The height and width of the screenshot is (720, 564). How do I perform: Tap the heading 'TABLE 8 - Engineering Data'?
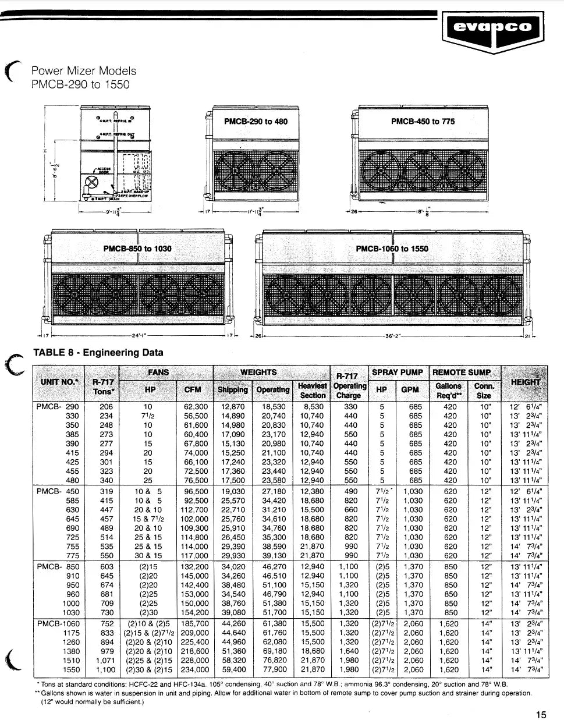coord(98,352)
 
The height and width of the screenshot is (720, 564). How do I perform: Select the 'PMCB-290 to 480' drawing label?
coord(256,122)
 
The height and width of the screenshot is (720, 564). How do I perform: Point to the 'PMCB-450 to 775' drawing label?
coord(423,122)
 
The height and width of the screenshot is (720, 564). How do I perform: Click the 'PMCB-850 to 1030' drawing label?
coord(137,249)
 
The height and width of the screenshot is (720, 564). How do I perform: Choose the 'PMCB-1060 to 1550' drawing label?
coord(392,249)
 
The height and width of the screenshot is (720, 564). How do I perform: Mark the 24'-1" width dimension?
coord(139,336)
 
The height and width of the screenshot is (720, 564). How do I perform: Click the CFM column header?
coord(193,389)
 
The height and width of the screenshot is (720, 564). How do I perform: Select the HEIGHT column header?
coord(526,382)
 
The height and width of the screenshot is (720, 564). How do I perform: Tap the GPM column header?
coord(411,389)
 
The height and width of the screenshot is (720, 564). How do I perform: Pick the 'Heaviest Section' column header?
coord(312,390)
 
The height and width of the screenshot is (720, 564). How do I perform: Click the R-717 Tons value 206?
coord(106,407)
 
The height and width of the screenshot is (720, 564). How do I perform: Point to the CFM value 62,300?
coord(196,407)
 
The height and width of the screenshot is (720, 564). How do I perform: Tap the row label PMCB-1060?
coord(58,623)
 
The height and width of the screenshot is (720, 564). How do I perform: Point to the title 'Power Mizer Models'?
coord(83,71)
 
